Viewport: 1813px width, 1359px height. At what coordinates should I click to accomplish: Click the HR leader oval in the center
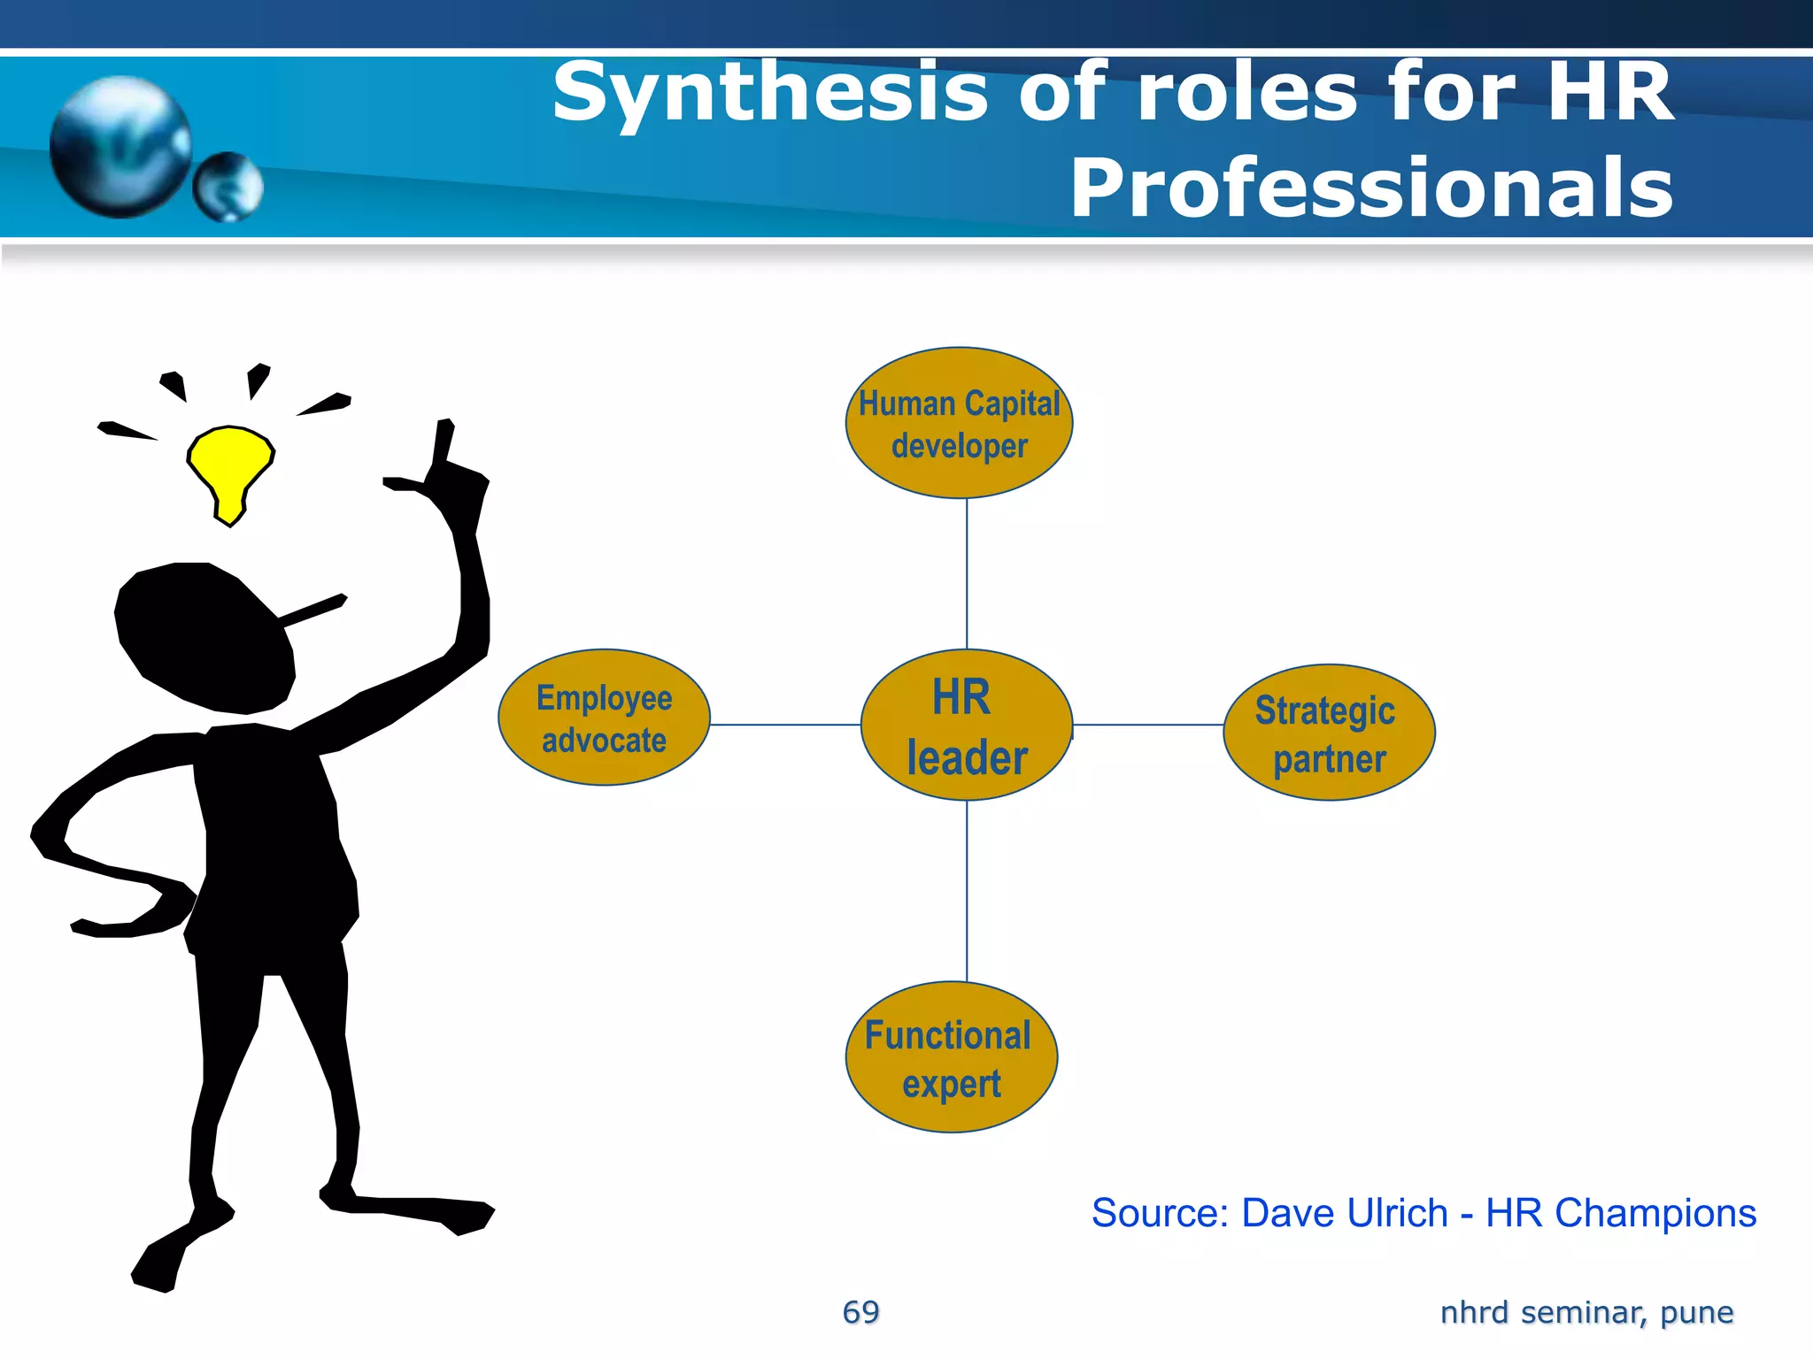967,725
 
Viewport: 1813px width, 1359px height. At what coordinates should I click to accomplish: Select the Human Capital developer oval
960,423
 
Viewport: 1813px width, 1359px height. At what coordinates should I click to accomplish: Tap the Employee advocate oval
605,718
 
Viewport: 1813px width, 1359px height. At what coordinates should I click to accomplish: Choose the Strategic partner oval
1329,733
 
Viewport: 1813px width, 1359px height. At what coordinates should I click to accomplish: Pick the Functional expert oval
952,1057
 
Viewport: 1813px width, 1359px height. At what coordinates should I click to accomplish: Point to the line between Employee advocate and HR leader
785,725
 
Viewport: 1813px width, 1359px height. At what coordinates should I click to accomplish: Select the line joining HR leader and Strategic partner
1148,725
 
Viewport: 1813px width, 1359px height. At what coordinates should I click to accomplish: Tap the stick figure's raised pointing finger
444,442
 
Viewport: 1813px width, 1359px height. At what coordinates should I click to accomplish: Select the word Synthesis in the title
770,94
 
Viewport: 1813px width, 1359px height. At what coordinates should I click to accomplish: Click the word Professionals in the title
1372,188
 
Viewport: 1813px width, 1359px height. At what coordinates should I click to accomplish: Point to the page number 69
860,1312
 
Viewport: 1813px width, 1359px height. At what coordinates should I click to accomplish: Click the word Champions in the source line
1655,1213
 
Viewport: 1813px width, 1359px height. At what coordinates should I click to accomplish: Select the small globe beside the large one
228,187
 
